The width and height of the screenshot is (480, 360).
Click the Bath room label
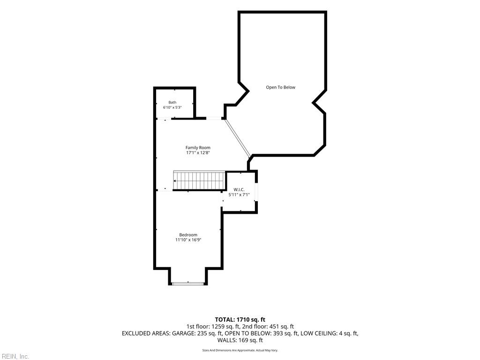(172, 103)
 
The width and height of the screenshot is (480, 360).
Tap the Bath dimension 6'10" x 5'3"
(172, 107)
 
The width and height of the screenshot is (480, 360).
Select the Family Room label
(198, 148)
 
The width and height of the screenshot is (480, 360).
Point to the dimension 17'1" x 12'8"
(198, 152)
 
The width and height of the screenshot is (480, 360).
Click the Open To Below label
(280, 87)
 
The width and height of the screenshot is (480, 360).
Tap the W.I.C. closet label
(239, 189)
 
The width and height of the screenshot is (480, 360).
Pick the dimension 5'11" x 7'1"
(239, 195)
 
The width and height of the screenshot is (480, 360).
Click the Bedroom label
(188, 235)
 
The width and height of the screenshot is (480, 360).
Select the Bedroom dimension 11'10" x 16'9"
(188, 240)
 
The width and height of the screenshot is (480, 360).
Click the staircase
(199, 180)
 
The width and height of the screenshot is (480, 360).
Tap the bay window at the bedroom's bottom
(188, 284)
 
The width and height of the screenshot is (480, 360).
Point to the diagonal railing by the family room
(238, 137)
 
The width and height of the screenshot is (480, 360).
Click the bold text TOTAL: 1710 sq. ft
(240, 320)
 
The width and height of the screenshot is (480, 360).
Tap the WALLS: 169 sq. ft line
(240, 340)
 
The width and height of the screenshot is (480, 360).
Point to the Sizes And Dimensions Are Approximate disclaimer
(240, 350)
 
